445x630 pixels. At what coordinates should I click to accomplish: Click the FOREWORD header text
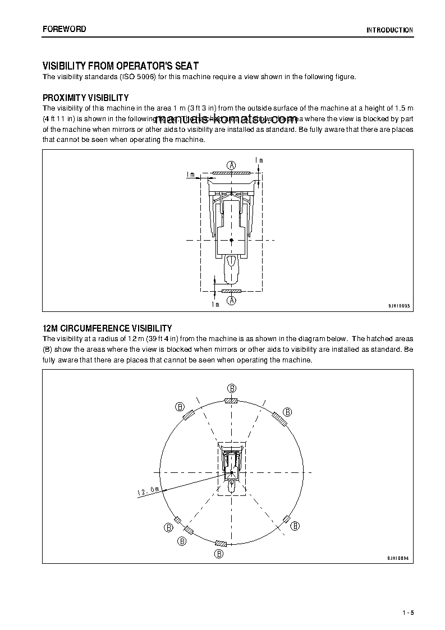pyautogui.click(x=64, y=29)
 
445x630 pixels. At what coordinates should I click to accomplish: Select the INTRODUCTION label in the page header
pyautogui.click(x=389, y=30)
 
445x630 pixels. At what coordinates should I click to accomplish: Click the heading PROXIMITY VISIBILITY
pyautogui.click(x=86, y=98)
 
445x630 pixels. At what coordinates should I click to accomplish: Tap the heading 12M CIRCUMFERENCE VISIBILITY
pyautogui.click(x=107, y=328)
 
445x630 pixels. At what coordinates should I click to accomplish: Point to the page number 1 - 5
pyautogui.click(x=407, y=613)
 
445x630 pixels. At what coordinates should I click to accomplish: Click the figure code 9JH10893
pyautogui.click(x=399, y=306)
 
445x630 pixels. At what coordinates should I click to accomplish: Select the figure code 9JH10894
pyautogui.click(x=398, y=558)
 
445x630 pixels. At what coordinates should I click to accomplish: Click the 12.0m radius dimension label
pyautogui.click(x=148, y=491)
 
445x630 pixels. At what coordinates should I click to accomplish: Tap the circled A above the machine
pyautogui.click(x=231, y=164)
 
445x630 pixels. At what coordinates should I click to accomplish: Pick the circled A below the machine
pyautogui.click(x=231, y=301)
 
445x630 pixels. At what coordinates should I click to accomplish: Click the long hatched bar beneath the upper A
pyautogui.click(x=231, y=174)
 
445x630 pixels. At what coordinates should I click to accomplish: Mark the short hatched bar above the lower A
pyautogui.click(x=231, y=291)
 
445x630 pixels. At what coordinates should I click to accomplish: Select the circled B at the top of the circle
pyautogui.click(x=231, y=388)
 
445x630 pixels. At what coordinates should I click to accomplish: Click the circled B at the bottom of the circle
pyautogui.click(x=219, y=554)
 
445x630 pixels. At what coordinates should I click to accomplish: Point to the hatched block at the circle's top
pyautogui.click(x=231, y=401)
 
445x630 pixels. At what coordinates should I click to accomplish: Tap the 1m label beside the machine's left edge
pyautogui.click(x=191, y=174)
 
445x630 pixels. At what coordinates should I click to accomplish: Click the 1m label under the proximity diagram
pyautogui.click(x=215, y=304)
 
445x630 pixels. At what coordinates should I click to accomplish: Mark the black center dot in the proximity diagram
pyautogui.click(x=231, y=240)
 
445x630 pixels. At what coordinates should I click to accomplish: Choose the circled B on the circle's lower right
pyautogui.click(x=295, y=526)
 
